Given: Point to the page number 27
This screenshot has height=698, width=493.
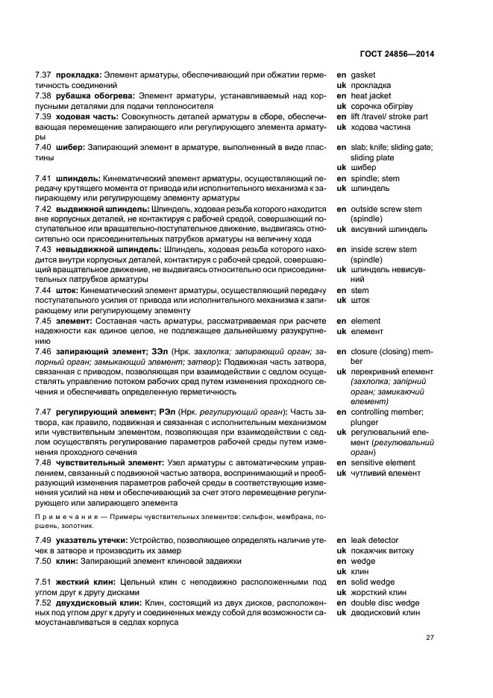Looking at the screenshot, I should (430, 638).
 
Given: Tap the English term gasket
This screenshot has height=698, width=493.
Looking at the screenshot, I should (363, 75).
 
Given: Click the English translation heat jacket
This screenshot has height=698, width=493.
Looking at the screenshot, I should (371, 96).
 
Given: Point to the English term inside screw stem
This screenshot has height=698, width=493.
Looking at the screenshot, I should (383, 250).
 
